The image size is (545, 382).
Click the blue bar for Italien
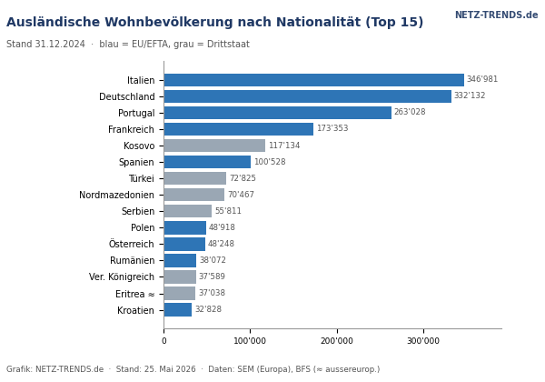[x=314, y=80]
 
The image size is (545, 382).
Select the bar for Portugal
[x=278, y=113]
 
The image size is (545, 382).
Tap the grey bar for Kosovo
[x=214, y=146]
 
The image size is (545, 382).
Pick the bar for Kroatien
[x=178, y=309]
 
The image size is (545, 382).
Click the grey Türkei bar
[x=195, y=178]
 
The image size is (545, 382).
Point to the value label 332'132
[x=470, y=95]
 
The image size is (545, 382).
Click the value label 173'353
[x=332, y=128]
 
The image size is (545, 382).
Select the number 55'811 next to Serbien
[x=228, y=211]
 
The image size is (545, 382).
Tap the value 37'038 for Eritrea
[x=212, y=293]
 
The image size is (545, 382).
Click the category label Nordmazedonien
[x=117, y=195]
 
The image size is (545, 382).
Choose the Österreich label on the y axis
[x=132, y=244]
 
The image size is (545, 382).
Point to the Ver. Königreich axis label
[x=122, y=276]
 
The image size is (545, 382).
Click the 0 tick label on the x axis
[x=164, y=340]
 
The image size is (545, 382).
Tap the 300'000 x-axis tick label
[x=423, y=340]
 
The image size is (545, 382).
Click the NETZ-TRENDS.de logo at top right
[x=496, y=15]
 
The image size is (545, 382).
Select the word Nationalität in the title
[x=318, y=22]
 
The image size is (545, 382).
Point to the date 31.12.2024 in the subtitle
[x=60, y=45]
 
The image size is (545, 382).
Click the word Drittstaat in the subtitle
[x=228, y=45]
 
